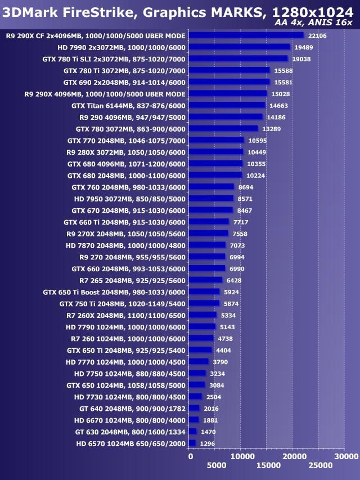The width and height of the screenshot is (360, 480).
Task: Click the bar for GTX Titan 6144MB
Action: click(227, 105)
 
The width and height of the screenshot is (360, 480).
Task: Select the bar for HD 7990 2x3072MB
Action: click(239, 47)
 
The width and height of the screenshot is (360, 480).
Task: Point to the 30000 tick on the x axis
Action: click(344, 455)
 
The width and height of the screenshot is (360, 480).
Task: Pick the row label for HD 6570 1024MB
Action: click(130, 443)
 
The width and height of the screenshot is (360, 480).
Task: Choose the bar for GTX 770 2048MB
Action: click(216, 140)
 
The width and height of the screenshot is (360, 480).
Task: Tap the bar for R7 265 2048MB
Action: click(205, 280)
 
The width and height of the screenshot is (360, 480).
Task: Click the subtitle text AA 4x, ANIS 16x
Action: click(314, 23)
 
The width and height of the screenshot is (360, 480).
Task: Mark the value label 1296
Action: click(208, 443)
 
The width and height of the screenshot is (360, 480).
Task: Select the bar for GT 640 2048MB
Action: click(194, 408)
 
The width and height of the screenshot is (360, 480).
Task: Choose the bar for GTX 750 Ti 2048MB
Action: click(204, 303)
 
